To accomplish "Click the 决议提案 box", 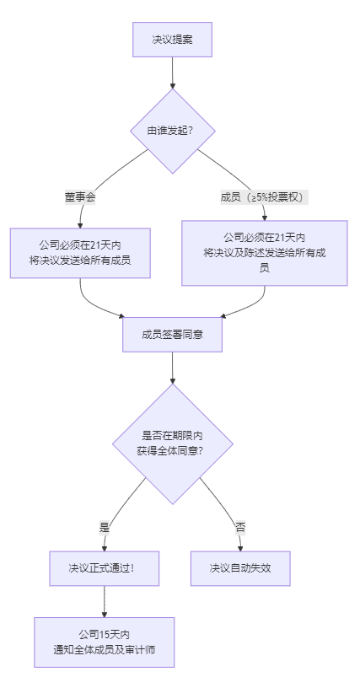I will tap(172, 40).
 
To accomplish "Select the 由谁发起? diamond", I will tap(172, 132).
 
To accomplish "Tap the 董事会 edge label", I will tap(80, 197).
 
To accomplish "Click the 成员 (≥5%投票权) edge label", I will tap(264, 197).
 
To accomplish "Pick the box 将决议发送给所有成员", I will tap(80, 253).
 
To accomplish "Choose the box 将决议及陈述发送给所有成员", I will tap(264, 253).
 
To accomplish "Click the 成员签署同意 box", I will tap(172, 334).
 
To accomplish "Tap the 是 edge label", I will tap(105, 527).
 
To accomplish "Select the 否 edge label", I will tap(240, 527).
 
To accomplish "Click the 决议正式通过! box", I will tap(104, 568).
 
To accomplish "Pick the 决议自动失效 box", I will tap(240, 568).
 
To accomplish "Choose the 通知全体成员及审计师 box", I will tap(104, 642).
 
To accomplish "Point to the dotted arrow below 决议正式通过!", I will tap(104, 601).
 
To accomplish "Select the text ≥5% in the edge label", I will tap(257, 197).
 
